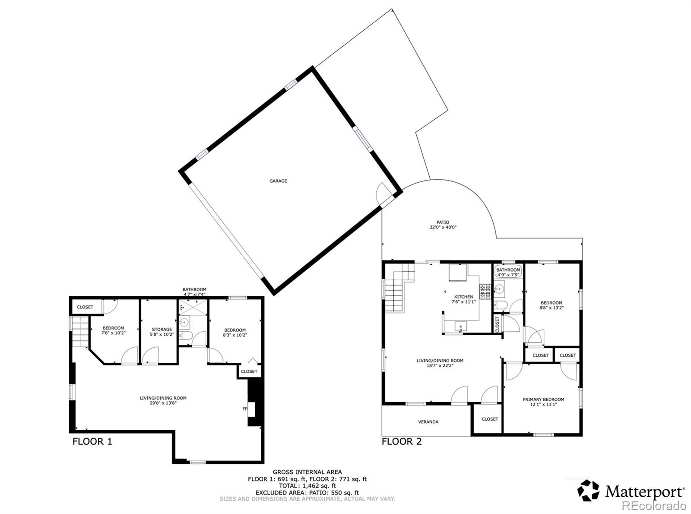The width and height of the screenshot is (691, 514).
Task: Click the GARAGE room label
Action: (278, 181)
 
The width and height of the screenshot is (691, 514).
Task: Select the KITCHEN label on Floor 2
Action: (463, 299)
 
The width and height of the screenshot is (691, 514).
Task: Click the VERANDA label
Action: (428, 422)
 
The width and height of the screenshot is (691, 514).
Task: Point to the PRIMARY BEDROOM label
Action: (543, 402)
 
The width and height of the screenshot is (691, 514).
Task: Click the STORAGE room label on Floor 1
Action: (162, 332)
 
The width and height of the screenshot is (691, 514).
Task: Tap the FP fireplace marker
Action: (244, 409)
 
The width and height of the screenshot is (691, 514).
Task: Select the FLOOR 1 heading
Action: (92, 441)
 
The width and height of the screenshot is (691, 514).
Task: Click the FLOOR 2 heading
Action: (401, 441)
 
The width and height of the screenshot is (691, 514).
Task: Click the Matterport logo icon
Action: (589, 491)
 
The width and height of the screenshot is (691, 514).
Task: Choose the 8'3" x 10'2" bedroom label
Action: (235, 333)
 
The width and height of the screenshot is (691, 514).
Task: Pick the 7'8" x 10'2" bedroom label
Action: (113, 330)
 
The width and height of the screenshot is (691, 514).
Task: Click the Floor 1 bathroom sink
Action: (184, 322)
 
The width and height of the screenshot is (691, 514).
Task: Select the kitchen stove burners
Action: (484, 292)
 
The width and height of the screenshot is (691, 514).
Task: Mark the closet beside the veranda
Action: (489, 419)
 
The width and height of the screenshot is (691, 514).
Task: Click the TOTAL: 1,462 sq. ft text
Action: (307, 485)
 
